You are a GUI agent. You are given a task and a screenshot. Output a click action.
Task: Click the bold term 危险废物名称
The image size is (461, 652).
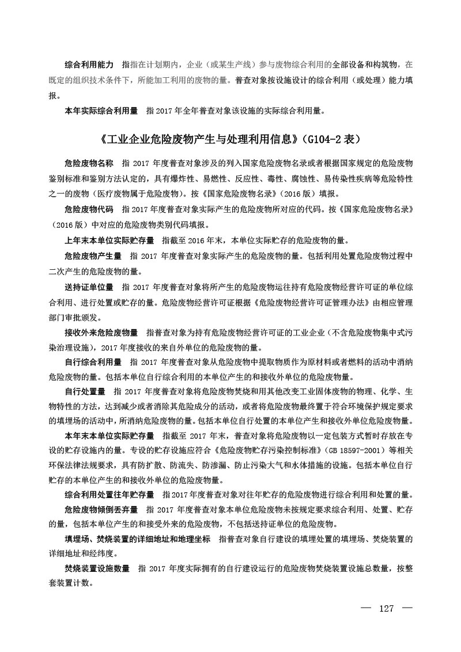[x=89, y=163]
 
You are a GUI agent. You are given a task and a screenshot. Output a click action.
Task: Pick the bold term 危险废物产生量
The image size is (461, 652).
[x=93, y=255]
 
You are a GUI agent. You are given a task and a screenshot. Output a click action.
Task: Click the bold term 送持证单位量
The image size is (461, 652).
[x=89, y=287]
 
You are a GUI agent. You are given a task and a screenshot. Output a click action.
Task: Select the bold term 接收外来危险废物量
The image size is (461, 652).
[x=101, y=333]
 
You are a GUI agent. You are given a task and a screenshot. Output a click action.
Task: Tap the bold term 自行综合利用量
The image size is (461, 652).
[x=93, y=363]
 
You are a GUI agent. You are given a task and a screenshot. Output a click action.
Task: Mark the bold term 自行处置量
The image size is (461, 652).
[x=85, y=392]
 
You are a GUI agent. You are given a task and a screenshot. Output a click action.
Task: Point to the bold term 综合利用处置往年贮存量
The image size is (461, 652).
[x=109, y=495]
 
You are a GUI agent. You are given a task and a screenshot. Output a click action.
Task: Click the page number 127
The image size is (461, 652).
[x=387, y=609]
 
